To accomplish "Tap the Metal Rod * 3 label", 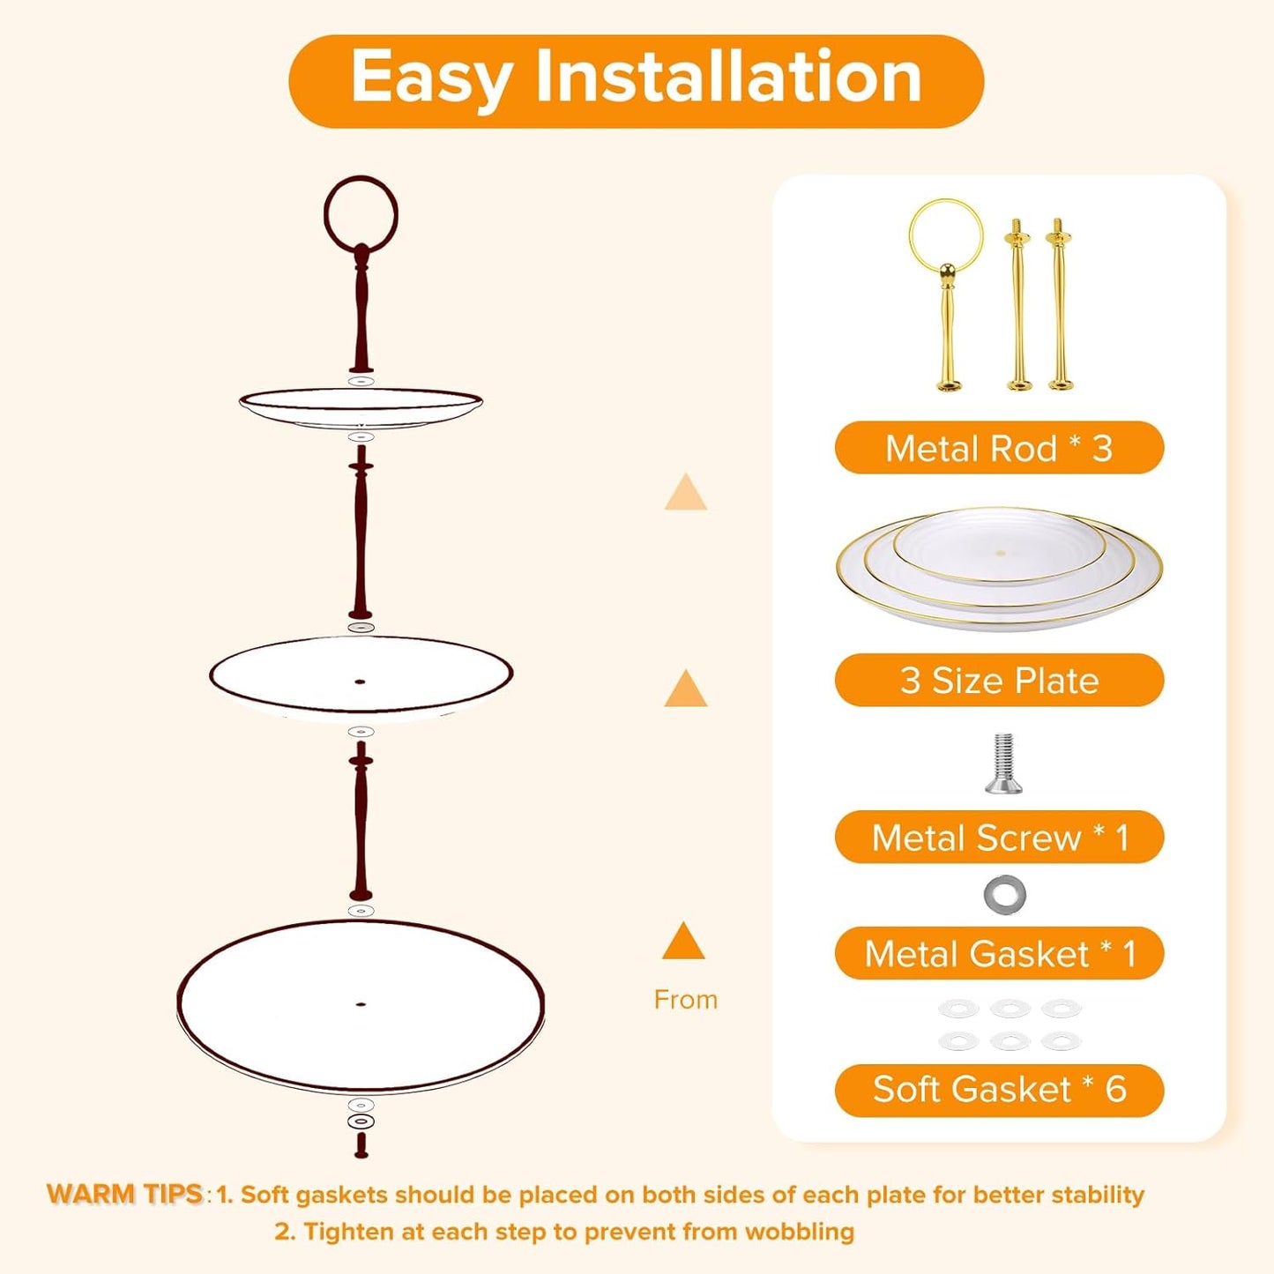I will [x=999, y=448].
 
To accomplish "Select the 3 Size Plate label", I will [x=999, y=680].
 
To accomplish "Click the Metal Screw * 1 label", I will [x=999, y=837].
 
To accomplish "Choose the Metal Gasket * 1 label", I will [x=999, y=953].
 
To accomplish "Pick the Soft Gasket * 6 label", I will [x=999, y=1090].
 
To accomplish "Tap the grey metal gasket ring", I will [x=1004, y=895].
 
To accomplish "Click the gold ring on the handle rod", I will [x=946, y=235].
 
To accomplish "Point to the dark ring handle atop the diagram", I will [x=361, y=213].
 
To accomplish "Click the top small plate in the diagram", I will [x=361, y=406].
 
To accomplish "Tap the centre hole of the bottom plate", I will [x=360, y=1003].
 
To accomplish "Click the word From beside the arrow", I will [x=686, y=1000].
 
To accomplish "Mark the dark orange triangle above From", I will [x=683, y=942].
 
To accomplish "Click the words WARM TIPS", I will [x=125, y=1194].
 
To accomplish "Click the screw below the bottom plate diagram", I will [x=361, y=1144].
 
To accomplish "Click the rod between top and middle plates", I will [x=360, y=533].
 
